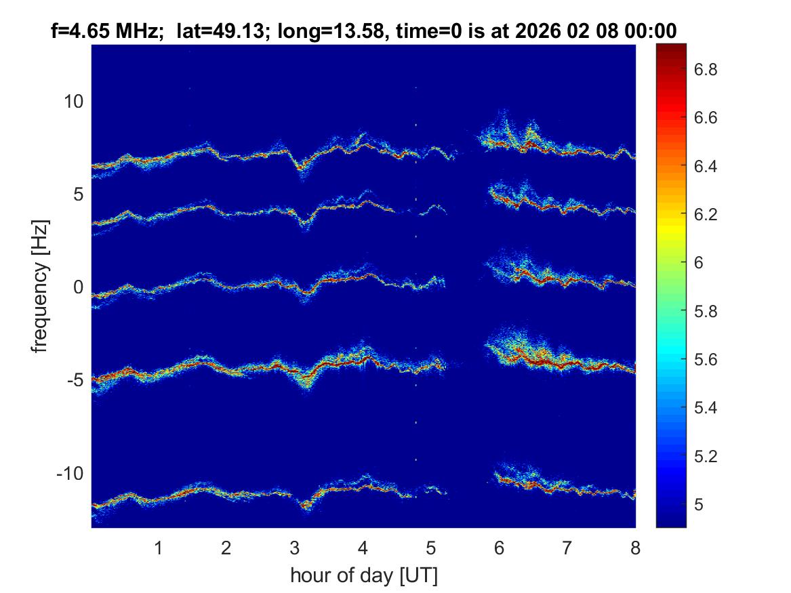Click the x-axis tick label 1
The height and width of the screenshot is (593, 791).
(159, 548)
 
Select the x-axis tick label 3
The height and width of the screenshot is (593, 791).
(295, 548)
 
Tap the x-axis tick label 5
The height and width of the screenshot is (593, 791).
(431, 548)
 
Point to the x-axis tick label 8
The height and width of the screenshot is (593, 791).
(635, 548)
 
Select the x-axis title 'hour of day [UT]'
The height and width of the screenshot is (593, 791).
(363, 576)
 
